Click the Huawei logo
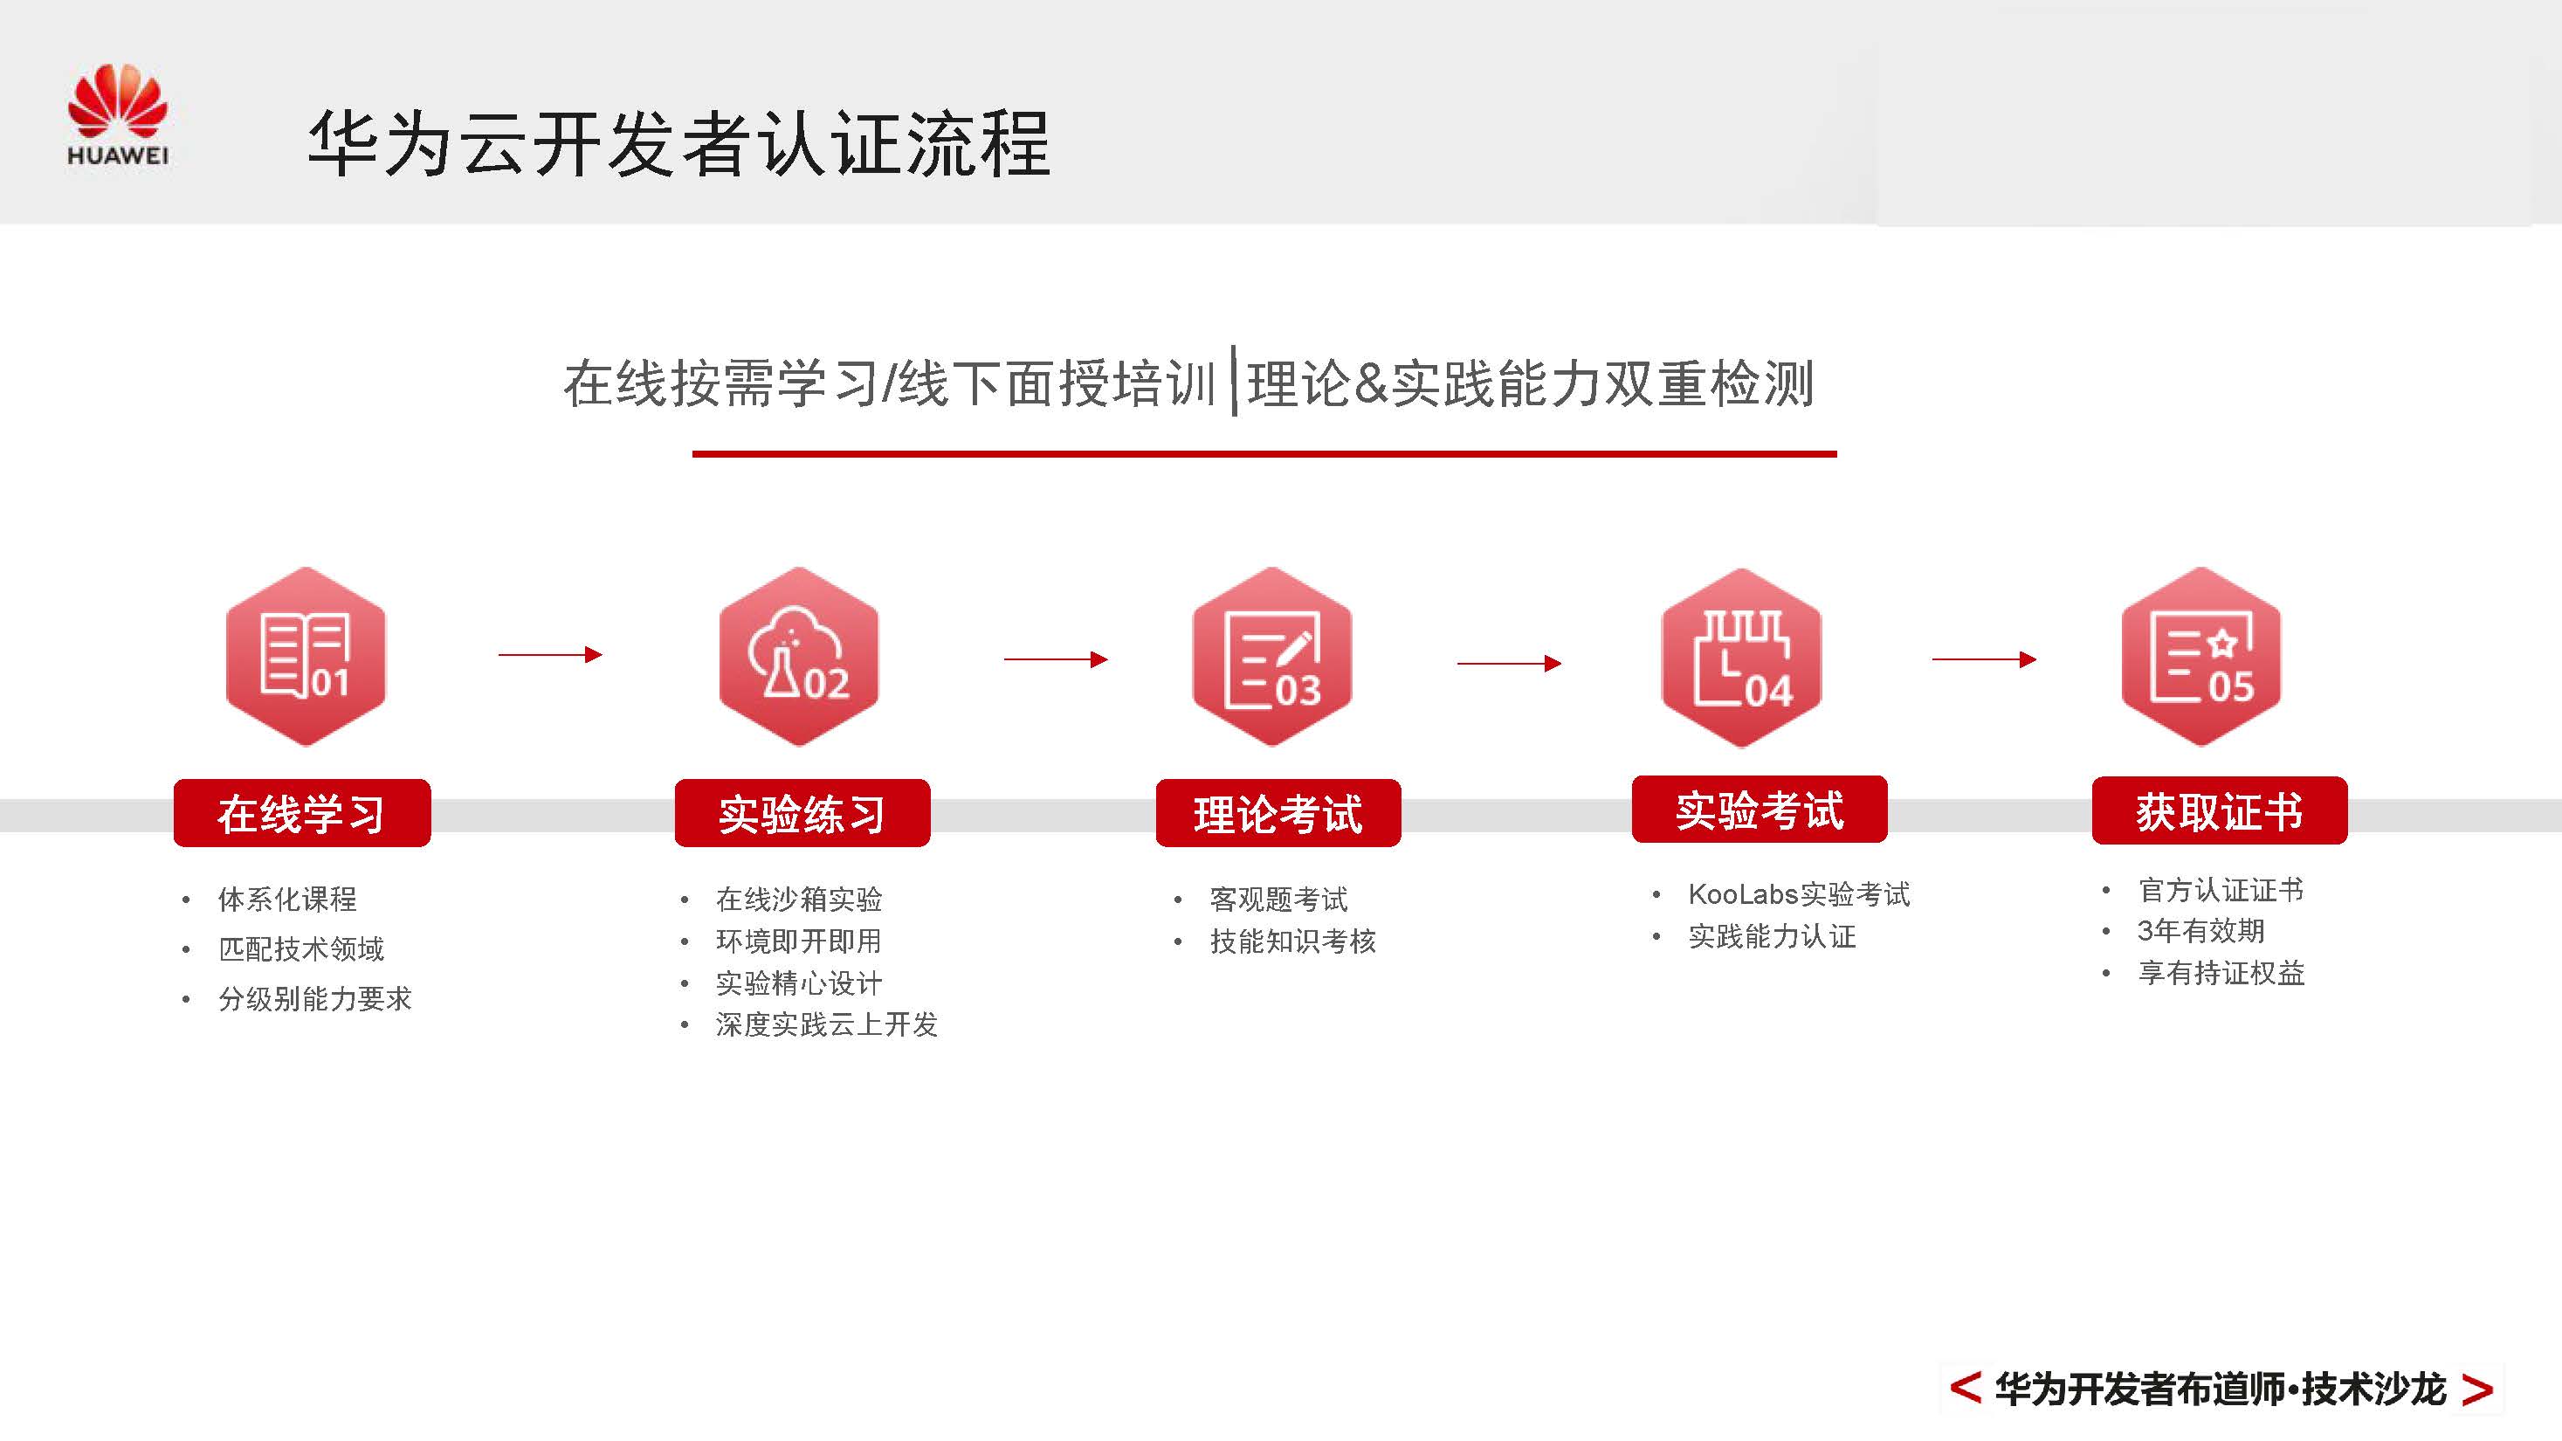pyautogui.click(x=117, y=114)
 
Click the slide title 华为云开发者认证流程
pyautogui.click(x=678, y=144)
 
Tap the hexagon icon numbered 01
pyautogui.click(x=306, y=657)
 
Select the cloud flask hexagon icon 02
pyautogui.click(x=799, y=657)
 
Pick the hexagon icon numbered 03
pyautogui.click(x=1272, y=657)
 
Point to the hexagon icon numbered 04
pyautogui.click(x=1741, y=658)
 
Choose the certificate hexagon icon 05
pyautogui.click(x=2201, y=657)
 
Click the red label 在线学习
pyautogui.click(x=302, y=813)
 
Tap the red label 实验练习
pyautogui.click(x=802, y=813)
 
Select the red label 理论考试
pyautogui.click(x=1278, y=813)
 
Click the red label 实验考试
pyautogui.click(x=1760, y=810)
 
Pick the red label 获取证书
pyautogui.click(x=2220, y=810)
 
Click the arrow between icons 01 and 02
pyautogui.click(x=550, y=654)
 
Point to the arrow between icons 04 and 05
pyautogui.click(x=1983, y=658)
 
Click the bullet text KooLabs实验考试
pyautogui.click(x=1798, y=894)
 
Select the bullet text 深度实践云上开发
pyautogui.click(x=825, y=1024)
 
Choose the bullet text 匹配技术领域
pyautogui.click(x=300, y=948)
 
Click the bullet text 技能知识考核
pyautogui.click(x=1292, y=941)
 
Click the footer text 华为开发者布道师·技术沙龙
pyautogui.click(x=2220, y=1389)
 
